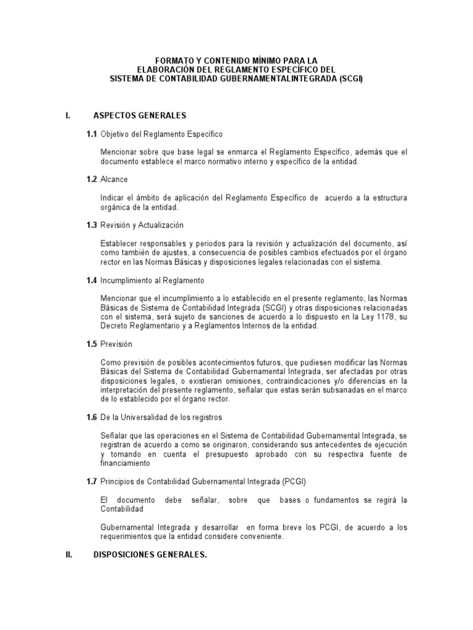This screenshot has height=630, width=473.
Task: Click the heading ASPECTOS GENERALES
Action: [139, 116]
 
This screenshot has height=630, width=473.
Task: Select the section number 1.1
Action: [92, 134]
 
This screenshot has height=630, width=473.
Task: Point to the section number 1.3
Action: [92, 225]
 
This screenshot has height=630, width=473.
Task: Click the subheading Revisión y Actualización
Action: [142, 225]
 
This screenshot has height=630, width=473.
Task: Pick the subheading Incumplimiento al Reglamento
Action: [152, 281]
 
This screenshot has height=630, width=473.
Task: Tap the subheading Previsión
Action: [117, 345]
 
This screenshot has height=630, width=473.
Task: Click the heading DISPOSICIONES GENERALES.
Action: [150, 555]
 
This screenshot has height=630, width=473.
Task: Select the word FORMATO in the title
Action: [175, 61]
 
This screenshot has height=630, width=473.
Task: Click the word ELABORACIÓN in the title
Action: [164, 70]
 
